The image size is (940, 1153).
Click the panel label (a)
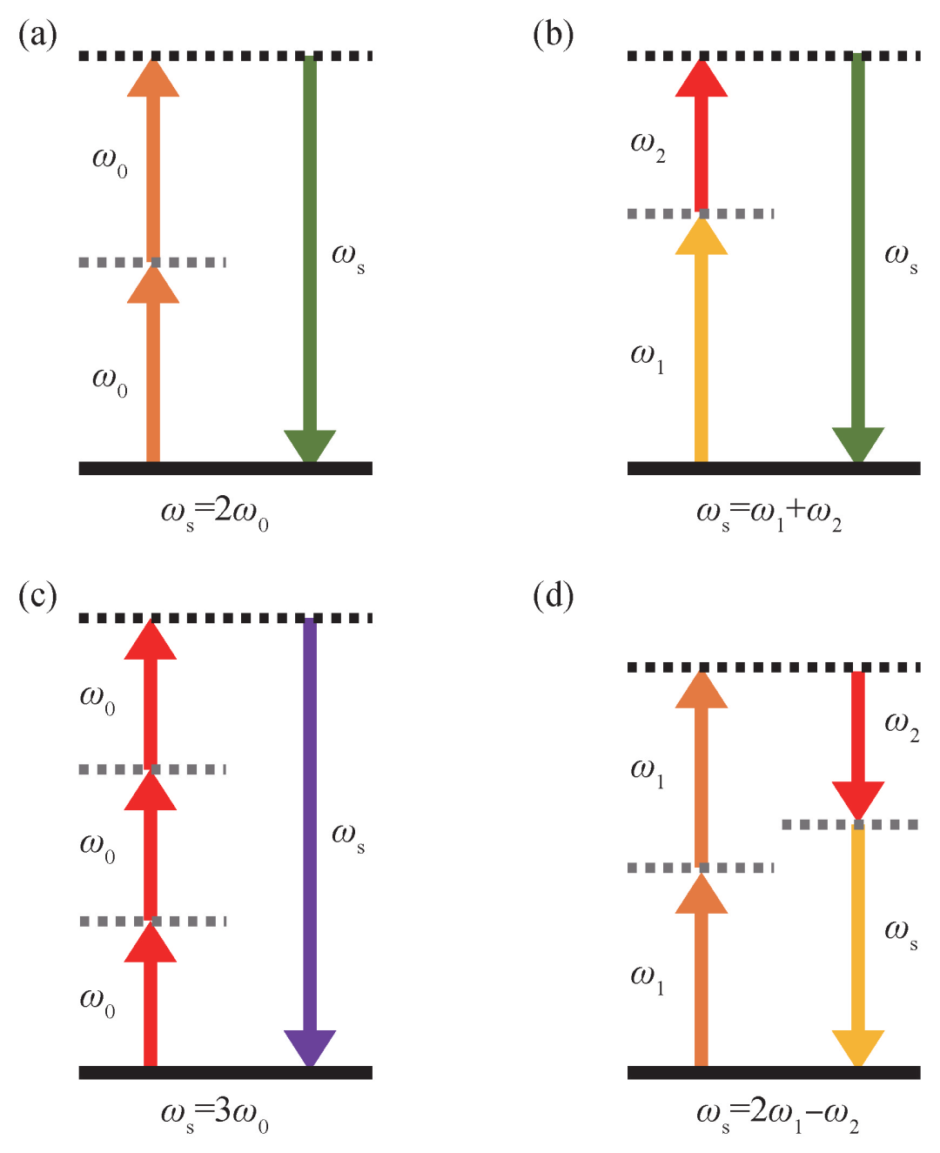(37, 35)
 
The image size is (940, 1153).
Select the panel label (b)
(553, 35)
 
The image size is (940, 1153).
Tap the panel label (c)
(37, 596)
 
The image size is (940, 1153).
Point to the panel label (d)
(553, 596)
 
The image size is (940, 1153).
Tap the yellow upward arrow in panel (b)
(702, 348)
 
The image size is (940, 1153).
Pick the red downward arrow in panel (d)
(858, 740)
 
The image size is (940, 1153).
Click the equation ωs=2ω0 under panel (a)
(214, 512)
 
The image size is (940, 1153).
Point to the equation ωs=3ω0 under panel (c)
(214, 1114)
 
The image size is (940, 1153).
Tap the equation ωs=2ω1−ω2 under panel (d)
(776, 1114)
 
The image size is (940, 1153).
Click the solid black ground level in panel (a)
(225, 468)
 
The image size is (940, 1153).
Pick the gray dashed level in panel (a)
(152, 262)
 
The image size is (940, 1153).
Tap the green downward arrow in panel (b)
(858, 252)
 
